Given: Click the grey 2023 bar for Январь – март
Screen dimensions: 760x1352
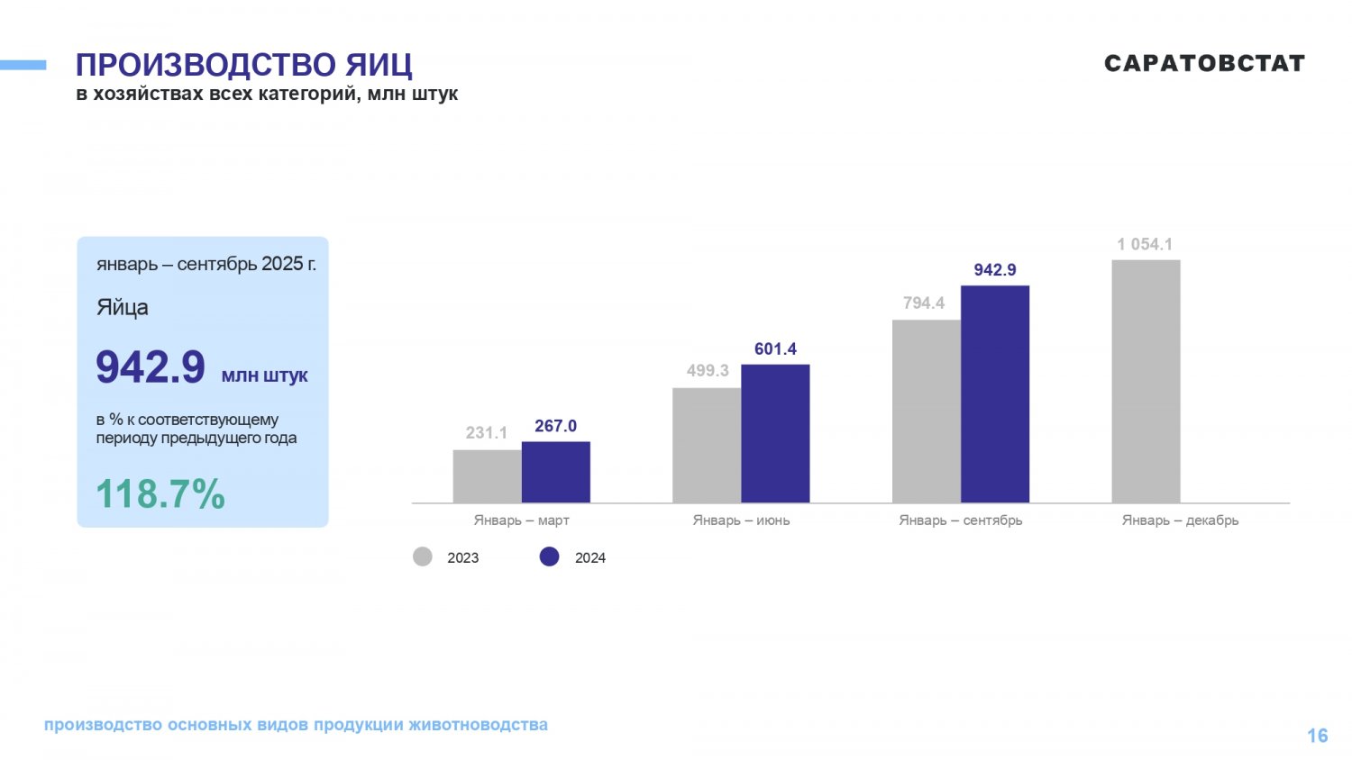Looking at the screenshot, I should (x=487, y=476).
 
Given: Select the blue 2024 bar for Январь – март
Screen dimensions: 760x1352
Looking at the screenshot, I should (x=555, y=472).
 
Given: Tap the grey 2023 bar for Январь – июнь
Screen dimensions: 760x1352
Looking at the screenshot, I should (x=707, y=445).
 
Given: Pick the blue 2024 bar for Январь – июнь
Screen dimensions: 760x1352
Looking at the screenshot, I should (x=775, y=433).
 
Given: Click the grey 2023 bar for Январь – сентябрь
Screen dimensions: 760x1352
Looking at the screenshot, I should (x=926, y=411).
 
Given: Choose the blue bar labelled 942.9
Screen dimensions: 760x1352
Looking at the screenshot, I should (x=995, y=394).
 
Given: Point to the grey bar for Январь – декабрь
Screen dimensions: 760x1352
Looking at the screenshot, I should (x=1146, y=381).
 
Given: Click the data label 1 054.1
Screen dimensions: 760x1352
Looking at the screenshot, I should (x=1145, y=244).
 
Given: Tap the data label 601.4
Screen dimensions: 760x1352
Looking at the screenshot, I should (x=775, y=349).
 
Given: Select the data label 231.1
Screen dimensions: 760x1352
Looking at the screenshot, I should (x=487, y=433).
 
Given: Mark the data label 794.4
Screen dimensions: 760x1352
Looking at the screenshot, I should (x=924, y=303).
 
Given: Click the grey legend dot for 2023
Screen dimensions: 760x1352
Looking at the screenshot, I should (x=423, y=556).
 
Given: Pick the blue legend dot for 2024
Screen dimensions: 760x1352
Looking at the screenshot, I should (x=550, y=556).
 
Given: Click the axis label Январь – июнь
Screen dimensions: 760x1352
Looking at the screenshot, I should (x=741, y=520).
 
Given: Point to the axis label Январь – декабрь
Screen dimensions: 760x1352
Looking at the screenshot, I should (x=1180, y=520).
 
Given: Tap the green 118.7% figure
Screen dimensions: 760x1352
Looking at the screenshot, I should (x=160, y=494).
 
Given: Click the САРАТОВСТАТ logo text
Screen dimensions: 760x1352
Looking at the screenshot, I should (x=1204, y=63).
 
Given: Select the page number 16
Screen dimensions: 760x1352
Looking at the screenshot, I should (x=1317, y=736).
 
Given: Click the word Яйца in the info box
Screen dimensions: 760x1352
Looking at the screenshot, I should (x=123, y=308).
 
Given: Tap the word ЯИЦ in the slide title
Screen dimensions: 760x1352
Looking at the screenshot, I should (x=379, y=65).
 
